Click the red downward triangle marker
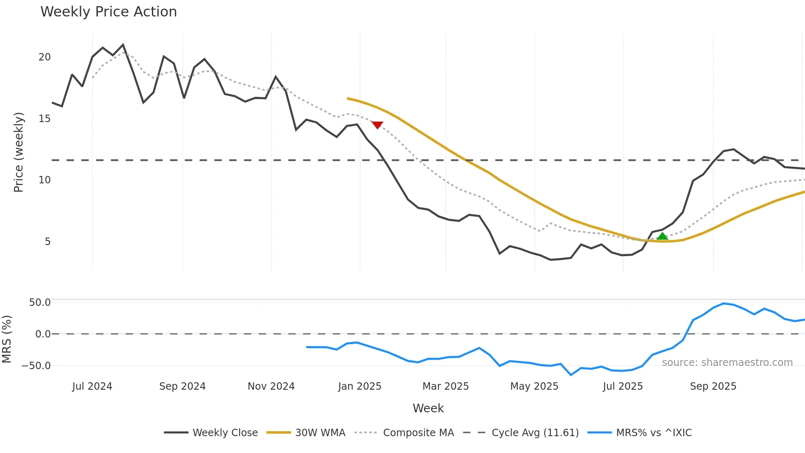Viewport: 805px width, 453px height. click(x=377, y=125)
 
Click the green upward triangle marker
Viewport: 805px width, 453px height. click(x=662, y=236)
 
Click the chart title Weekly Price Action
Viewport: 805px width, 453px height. click(x=108, y=12)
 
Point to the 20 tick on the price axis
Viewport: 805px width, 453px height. click(x=44, y=57)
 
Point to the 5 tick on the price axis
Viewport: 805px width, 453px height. click(x=48, y=242)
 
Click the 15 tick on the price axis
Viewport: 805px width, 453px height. click(x=44, y=119)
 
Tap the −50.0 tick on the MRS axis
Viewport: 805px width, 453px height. click(x=36, y=366)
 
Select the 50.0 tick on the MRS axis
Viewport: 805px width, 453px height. click(x=39, y=303)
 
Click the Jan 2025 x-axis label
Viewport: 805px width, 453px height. click(x=360, y=386)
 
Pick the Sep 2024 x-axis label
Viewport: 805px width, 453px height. click(x=182, y=386)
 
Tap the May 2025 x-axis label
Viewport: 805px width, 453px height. click(x=534, y=386)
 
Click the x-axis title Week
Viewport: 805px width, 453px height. click(x=428, y=408)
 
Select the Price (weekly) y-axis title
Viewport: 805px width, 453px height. click(x=19, y=152)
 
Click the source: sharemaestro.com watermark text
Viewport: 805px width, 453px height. click(x=727, y=363)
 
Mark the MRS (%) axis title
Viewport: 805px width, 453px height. click(x=7, y=339)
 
